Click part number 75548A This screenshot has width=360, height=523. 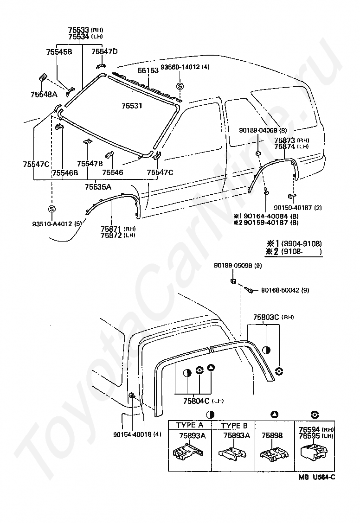tap(44, 95)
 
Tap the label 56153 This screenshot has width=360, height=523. tap(148, 70)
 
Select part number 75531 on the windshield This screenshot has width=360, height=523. tap(132, 106)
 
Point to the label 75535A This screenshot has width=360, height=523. tap(98, 187)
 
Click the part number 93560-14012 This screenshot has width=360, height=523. tap(180, 67)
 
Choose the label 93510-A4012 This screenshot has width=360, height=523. tap(52, 224)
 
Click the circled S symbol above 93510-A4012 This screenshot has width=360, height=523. tap(51, 209)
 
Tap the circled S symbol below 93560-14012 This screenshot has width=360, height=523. tap(180, 86)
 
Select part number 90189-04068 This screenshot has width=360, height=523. tap(258, 130)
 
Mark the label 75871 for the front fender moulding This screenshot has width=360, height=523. tap(111, 229)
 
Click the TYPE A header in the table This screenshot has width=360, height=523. tap(189, 425)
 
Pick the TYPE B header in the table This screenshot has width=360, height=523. tap(234, 426)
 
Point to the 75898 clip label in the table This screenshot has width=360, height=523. tap(272, 435)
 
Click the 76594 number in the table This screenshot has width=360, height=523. tap(309, 430)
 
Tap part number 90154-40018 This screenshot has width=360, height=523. tap(133, 434)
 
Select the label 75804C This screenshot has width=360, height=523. tap(196, 401)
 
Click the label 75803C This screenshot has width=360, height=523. tap(266, 317)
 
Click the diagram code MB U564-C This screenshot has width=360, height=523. tap(317, 477)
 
